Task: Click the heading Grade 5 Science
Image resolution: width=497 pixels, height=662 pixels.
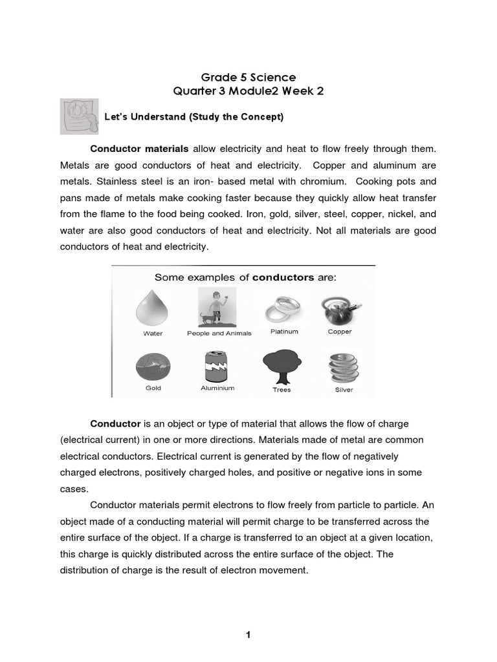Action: [248, 78]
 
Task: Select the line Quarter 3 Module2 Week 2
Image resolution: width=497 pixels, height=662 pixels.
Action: [248, 91]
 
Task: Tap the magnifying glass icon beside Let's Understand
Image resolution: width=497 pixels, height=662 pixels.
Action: [79, 116]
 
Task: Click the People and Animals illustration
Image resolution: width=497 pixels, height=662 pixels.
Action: [217, 307]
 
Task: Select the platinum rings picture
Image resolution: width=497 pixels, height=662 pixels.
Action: [283, 310]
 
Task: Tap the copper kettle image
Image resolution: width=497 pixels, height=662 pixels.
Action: [340, 309]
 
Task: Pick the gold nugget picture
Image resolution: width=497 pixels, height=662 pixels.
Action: [153, 366]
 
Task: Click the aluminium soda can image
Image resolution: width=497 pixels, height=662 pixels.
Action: [217, 366]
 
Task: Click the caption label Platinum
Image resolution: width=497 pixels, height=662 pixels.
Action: [284, 332]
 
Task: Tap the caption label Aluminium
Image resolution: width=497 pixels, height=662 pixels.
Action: [217, 388]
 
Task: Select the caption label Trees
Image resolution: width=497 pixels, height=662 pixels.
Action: [282, 390]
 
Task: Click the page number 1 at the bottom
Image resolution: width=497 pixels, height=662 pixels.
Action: [248, 635]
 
